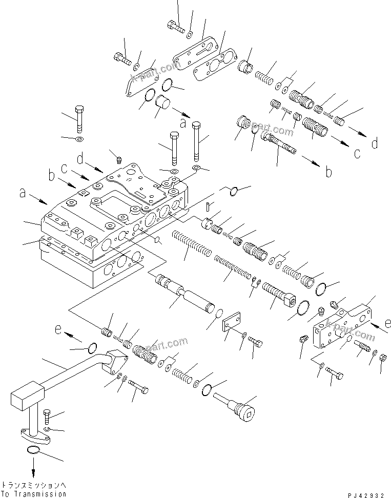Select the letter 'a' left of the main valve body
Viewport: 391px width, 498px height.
[x=22, y=193]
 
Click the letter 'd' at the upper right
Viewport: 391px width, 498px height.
[x=375, y=143]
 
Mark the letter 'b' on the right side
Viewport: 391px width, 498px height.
[x=328, y=172]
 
